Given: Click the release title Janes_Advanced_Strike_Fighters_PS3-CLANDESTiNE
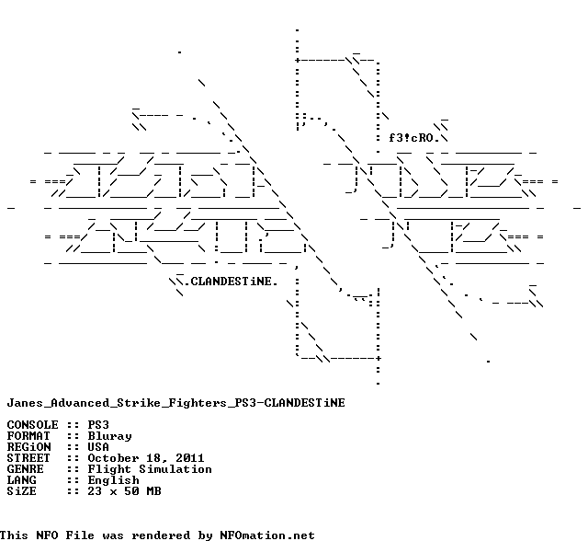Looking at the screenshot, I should [175, 402].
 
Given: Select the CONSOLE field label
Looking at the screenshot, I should [32, 425].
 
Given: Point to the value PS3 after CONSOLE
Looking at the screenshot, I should [98, 425].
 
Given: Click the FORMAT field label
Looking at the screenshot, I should [28, 436].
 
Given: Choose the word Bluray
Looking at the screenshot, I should [109, 436].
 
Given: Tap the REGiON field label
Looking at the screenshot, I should [28, 447].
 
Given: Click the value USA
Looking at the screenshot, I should [98, 447].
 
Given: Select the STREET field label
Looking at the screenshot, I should [28, 458].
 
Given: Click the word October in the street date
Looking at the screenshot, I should [113, 458].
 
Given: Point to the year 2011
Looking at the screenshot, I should [190, 458].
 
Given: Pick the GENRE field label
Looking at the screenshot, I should [25, 469].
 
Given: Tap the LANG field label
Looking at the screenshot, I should [21, 480].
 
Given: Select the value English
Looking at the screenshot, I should [113, 480].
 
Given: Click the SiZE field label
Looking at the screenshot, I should [21, 491].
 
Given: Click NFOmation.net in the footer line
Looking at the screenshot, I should [267, 535].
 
